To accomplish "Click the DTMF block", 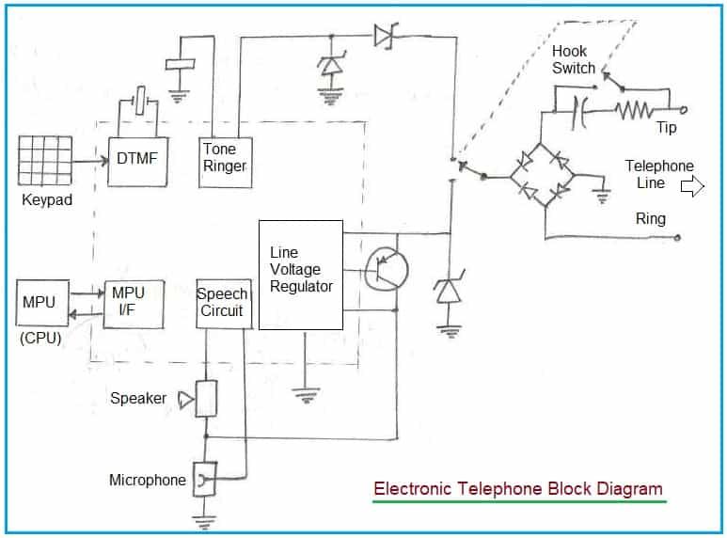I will tap(137, 160).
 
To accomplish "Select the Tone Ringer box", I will tap(225, 160).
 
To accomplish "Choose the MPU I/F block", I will tap(131, 303).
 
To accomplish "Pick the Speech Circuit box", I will tap(224, 303).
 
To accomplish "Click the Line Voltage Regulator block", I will tap(300, 275).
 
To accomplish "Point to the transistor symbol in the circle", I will tap(387, 271).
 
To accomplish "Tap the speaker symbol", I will tap(206, 400).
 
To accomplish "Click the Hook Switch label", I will tap(574, 59).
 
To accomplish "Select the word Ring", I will tap(650, 219).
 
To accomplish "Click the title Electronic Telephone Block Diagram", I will tap(517, 489).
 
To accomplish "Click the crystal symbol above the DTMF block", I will tap(140, 100).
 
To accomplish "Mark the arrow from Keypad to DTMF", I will tap(90, 162).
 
